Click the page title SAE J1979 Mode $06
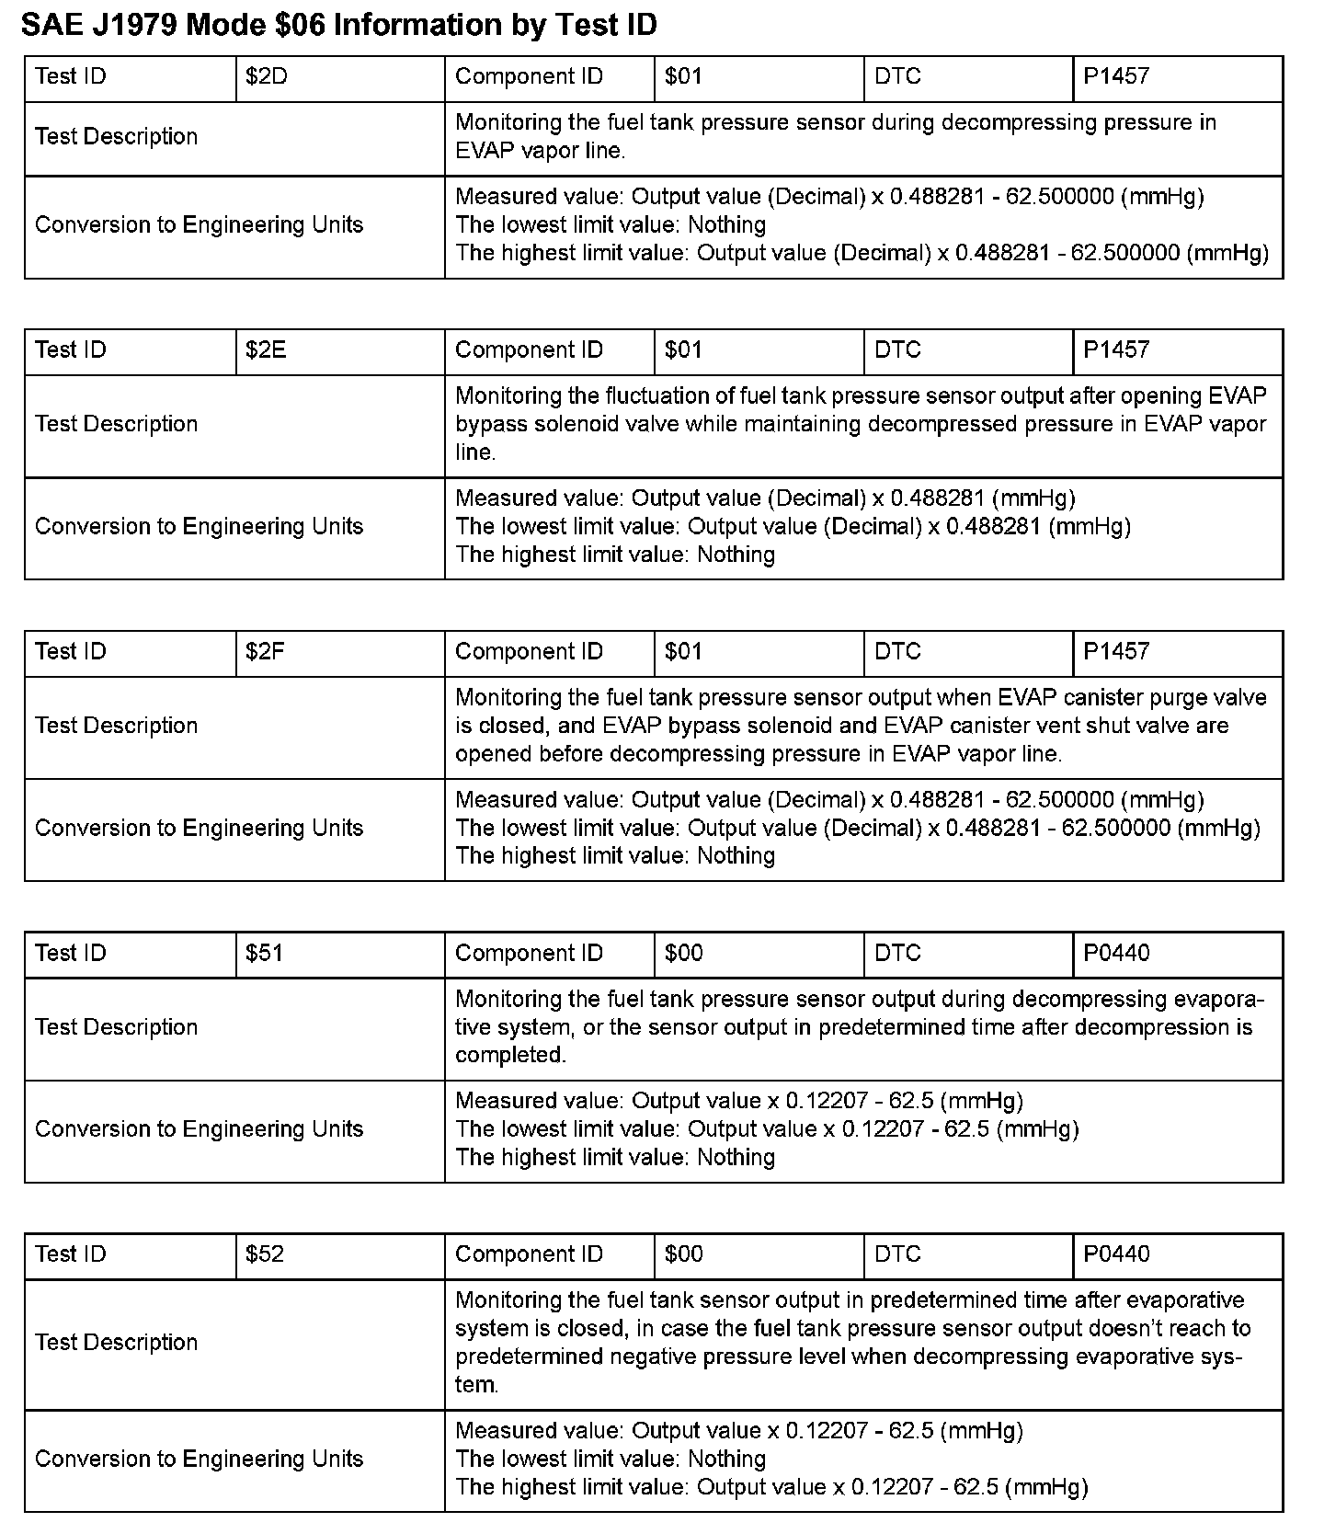click(x=338, y=25)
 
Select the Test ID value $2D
click(x=267, y=76)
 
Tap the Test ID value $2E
click(x=266, y=350)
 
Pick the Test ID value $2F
click(x=265, y=652)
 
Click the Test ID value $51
click(x=264, y=954)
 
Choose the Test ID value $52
click(x=265, y=1255)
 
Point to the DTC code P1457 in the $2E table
click(x=1116, y=350)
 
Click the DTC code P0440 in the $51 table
click(x=1116, y=954)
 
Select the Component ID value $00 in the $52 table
click(x=684, y=1255)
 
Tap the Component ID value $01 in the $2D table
click(x=684, y=76)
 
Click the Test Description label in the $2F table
click(x=117, y=726)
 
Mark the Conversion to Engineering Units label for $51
click(x=200, y=1129)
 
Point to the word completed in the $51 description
click(x=510, y=1055)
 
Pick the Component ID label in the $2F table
click(x=529, y=652)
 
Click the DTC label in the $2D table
click(x=898, y=76)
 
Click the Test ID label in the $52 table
click(x=71, y=1255)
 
